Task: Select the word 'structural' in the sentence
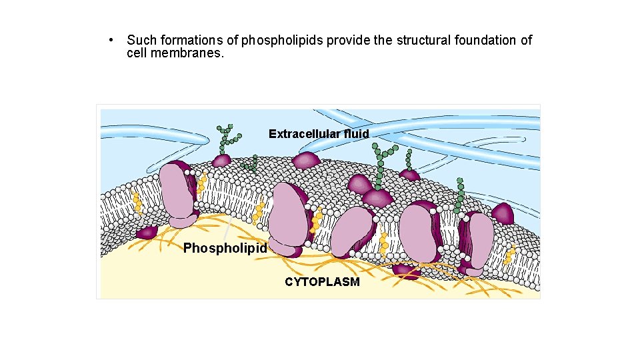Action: (423, 41)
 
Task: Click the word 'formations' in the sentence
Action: (184, 41)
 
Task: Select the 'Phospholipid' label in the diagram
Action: (225, 249)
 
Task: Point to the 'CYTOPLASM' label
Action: (322, 282)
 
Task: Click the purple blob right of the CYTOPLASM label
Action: (403, 270)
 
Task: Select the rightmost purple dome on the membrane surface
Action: (502, 214)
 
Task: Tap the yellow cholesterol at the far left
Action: (137, 204)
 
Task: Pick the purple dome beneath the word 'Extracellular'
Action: (306, 160)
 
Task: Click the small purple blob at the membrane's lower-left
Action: (146, 232)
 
